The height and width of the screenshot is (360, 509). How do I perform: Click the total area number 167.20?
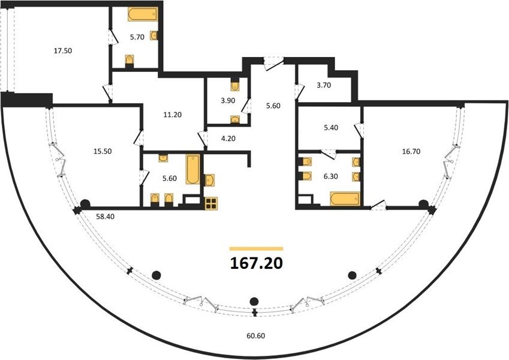tap(257, 263)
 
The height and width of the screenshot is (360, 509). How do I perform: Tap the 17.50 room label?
tap(63, 50)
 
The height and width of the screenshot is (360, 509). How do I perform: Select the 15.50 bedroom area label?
tap(103, 151)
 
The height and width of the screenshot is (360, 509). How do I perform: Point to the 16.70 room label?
tap(411, 151)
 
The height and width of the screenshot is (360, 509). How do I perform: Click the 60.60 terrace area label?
tap(256, 335)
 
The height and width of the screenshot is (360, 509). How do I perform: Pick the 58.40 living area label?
tap(105, 217)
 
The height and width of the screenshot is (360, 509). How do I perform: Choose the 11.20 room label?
tap(173, 115)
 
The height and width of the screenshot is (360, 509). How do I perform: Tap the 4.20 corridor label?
tap(228, 139)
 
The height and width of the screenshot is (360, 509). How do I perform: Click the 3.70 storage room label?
tap(324, 85)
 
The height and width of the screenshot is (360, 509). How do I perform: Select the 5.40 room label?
tap(331, 128)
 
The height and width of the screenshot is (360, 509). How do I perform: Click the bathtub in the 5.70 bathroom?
tap(143, 14)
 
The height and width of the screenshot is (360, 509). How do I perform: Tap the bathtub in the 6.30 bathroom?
tap(345, 199)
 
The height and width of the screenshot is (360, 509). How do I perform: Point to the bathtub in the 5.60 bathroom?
tap(193, 170)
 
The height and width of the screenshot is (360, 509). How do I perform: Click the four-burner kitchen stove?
tap(211, 204)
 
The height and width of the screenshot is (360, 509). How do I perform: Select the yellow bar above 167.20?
tap(256, 249)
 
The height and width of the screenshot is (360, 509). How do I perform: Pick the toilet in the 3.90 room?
tap(235, 85)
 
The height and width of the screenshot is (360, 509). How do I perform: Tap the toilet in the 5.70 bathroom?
tap(129, 61)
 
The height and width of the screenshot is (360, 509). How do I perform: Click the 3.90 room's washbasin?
tap(235, 119)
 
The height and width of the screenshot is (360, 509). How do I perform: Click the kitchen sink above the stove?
tap(209, 181)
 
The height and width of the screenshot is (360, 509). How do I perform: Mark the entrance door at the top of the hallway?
tap(273, 64)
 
